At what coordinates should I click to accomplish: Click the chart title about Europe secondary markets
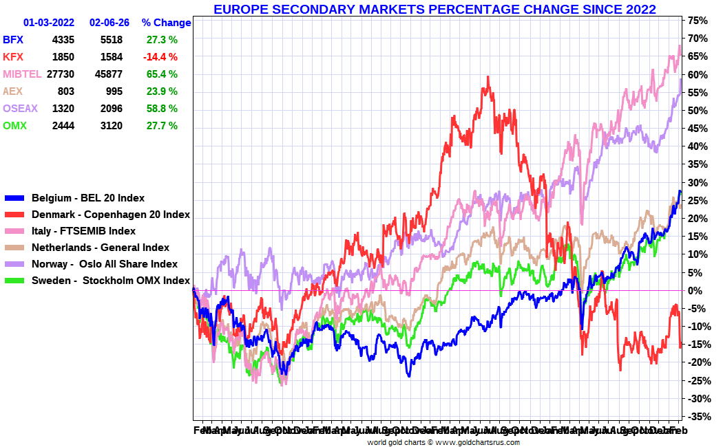point(434,9)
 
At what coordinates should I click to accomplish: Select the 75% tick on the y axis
point(696,21)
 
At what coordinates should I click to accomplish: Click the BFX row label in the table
point(13,40)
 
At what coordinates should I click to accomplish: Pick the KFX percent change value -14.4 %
point(162,57)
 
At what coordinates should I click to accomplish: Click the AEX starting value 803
point(65,91)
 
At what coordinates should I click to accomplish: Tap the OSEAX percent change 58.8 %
point(162,109)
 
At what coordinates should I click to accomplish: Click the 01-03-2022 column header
point(49,23)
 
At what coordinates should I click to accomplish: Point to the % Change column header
point(166,23)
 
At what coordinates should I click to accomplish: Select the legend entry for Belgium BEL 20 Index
point(88,198)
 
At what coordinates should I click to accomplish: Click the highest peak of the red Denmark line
point(488,77)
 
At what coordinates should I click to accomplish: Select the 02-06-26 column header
point(109,23)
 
